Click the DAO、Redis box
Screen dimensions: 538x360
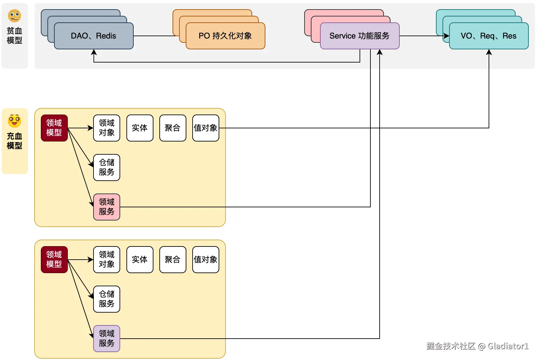click(x=94, y=36)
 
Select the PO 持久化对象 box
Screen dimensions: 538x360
click(x=226, y=36)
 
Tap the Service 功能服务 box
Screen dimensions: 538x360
click(x=360, y=36)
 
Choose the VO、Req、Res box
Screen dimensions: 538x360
click(x=489, y=36)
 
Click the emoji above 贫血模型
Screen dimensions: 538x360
click(x=14, y=16)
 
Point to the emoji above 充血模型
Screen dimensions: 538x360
click(x=14, y=121)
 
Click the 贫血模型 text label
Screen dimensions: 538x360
click(x=14, y=36)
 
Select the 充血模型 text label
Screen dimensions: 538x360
click(x=14, y=141)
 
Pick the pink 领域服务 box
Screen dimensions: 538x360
click(x=107, y=207)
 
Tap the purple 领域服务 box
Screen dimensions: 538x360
click(x=107, y=338)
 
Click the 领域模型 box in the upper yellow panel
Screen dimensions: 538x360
click(x=54, y=128)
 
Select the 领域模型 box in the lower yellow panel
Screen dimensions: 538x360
click(x=54, y=259)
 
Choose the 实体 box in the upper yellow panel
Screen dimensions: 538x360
click(x=140, y=128)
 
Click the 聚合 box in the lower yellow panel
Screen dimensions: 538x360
click(x=173, y=259)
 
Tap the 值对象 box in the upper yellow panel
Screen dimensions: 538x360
click(x=205, y=128)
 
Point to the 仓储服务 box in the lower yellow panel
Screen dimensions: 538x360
click(x=107, y=299)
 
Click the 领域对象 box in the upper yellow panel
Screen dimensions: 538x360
click(x=107, y=128)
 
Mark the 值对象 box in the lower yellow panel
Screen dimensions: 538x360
click(x=205, y=259)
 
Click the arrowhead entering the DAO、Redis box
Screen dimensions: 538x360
click(x=94, y=52)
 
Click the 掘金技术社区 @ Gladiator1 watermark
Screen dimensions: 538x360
click(x=477, y=346)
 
